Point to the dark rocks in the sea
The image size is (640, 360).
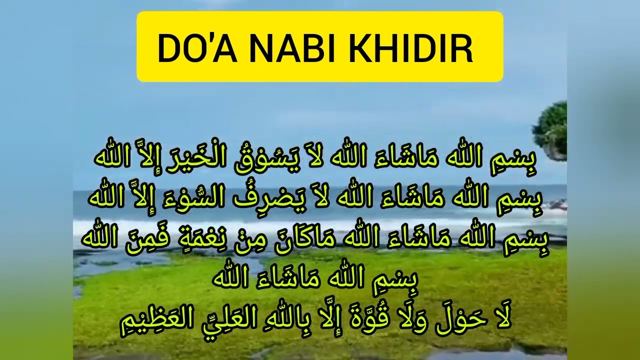556,204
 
